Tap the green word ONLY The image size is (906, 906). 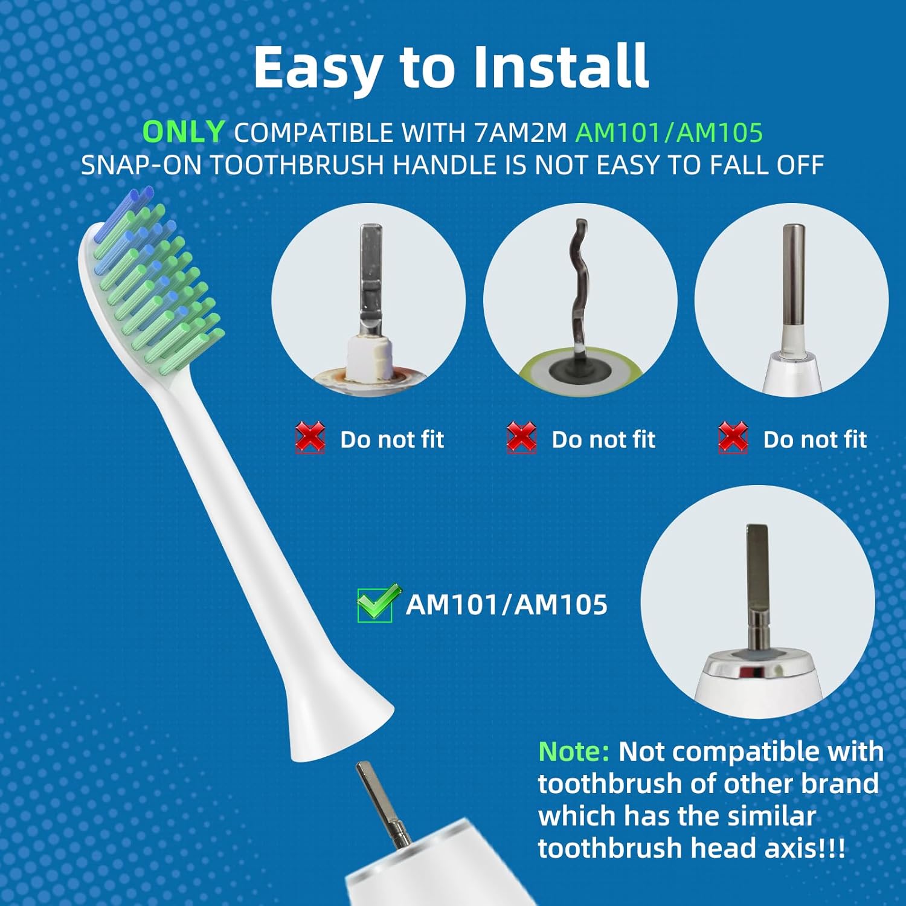184,132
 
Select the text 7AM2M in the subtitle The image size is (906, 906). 520,132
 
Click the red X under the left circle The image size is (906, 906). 310,437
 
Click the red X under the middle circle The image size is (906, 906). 522,437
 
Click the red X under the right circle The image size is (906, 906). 733,437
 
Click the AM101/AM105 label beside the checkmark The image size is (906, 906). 507,604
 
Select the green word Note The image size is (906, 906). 574,752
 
